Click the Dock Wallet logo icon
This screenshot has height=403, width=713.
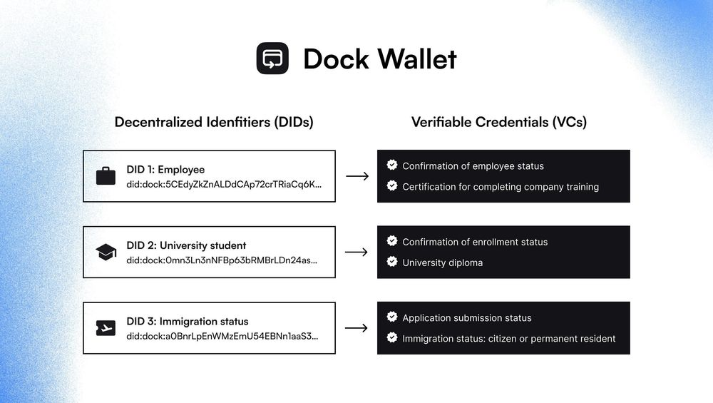(x=272, y=58)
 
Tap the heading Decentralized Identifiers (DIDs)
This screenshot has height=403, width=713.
(x=214, y=122)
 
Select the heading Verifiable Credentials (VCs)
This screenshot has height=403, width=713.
(x=499, y=122)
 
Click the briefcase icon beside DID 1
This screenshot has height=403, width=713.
(x=106, y=176)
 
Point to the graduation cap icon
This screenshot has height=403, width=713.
(x=106, y=252)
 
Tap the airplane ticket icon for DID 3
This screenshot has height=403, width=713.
(x=106, y=328)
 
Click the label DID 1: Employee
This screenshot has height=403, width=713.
(x=165, y=170)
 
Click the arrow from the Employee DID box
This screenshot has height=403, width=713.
(x=356, y=176)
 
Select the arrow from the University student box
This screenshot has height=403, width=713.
(x=356, y=252)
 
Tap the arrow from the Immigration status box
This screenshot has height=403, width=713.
(x=356, y=328)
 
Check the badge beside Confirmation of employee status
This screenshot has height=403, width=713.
(x=391, y=165)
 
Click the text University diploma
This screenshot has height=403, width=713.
(x=442, y=262)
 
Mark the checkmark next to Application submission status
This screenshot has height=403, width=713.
(x=391, y=317)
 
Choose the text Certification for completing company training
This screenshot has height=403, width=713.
(x=501, y=187)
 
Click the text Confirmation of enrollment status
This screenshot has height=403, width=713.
(x=475, y=242)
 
